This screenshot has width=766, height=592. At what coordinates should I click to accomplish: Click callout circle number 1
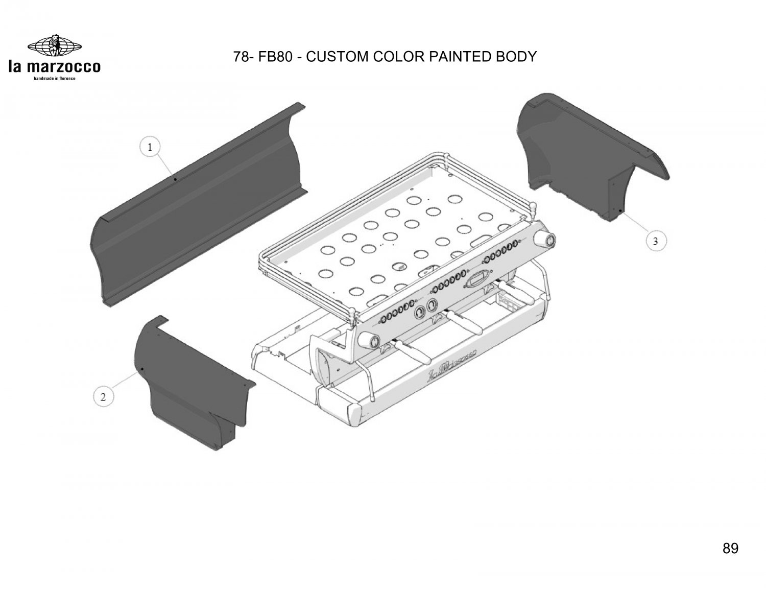(150, 147)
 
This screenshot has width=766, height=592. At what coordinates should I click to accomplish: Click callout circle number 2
(103, 397)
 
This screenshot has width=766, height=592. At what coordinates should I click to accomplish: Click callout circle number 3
(655, 241)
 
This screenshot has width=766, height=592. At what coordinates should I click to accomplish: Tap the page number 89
(730, 548)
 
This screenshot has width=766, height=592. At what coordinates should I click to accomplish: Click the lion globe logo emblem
(55, 46)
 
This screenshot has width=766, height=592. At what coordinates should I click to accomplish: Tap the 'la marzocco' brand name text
(55, 66)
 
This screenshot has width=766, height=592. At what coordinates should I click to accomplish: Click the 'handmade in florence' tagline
(55, 78)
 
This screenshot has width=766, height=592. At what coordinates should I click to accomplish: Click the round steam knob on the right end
(545, 240)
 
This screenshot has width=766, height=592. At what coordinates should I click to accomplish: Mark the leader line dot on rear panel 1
(175, 179)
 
